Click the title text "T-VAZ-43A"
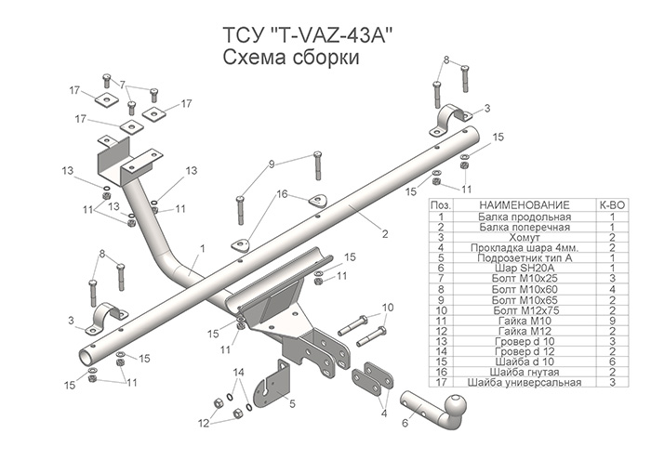click(331, 36)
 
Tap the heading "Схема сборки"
click(291, 59)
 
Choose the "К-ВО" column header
click(613, 204)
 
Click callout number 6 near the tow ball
click(405, 423)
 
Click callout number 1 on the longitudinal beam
click(201, 249)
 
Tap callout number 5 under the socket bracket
click(292, 403)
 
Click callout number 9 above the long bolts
click(272, 164)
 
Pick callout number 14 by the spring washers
click(238, 372)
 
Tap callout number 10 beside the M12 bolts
click(388, 307)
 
